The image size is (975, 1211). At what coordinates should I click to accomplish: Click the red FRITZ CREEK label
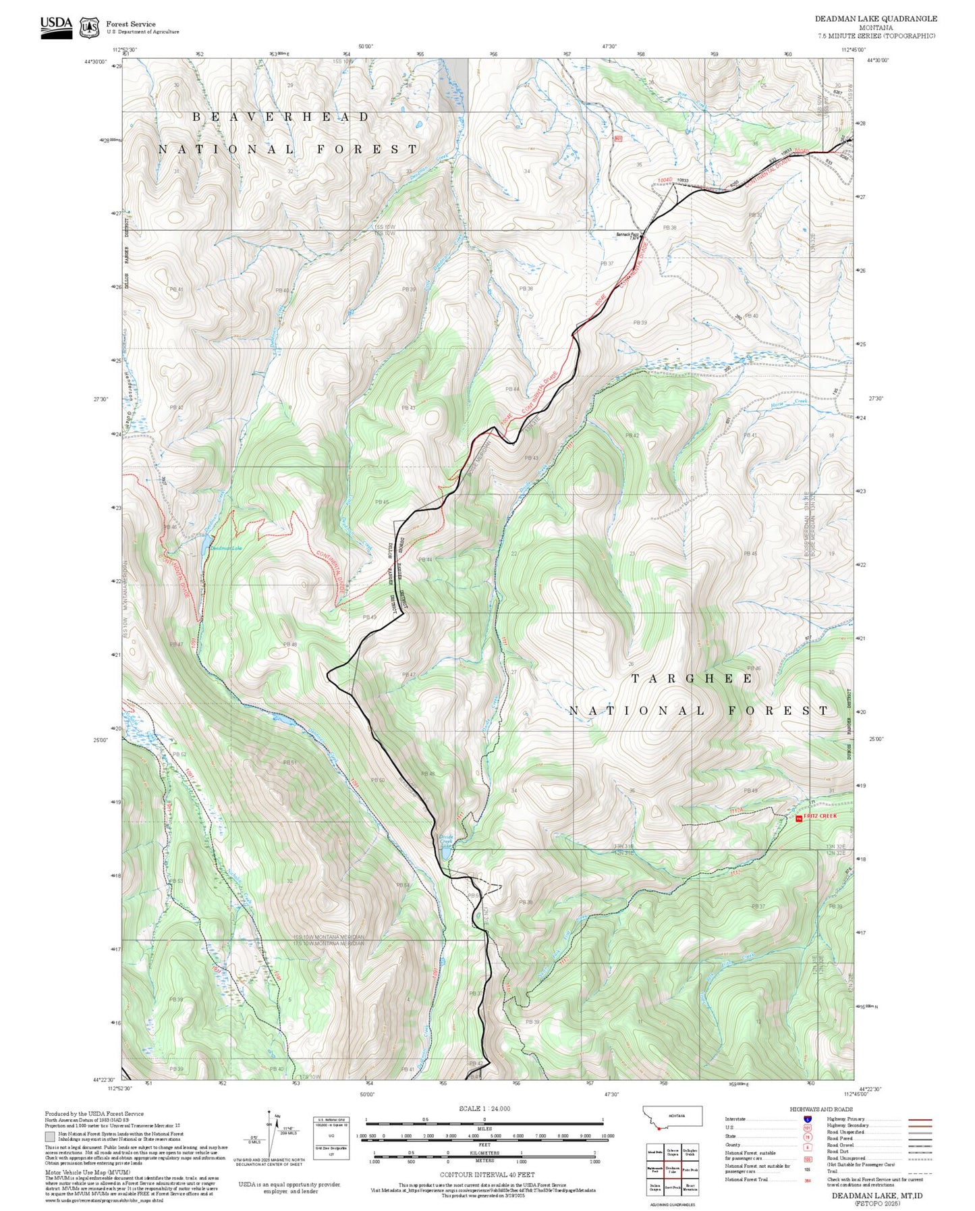(x=819, y=816)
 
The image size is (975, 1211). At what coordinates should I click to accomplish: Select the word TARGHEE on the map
(x=692, y=678)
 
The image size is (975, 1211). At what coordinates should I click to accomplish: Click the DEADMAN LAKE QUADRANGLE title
(x=875, y=19)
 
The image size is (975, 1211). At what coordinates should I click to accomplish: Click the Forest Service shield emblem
(x=89, y=28)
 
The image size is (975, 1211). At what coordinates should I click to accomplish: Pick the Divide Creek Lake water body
(x=446, y=851)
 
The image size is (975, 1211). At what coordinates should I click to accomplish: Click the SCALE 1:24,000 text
(x=484, y=1108)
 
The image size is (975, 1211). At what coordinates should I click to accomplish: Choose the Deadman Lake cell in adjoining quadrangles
(x=672, y=1170)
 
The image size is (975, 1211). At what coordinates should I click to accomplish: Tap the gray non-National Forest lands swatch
(x=50, y=1136)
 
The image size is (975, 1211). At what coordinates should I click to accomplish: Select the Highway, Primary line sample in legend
(x=920, y=1119)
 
